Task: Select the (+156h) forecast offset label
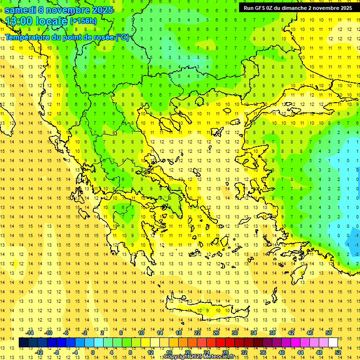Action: pos(83,21)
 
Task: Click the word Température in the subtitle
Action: pos(29,37)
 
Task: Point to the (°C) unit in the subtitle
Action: pos(122,37)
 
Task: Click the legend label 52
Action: pos(338,352)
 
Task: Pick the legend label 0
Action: pos(93,352)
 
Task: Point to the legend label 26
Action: pos(216,332)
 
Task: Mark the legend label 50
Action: pos(329,332)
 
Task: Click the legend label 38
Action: pos(272,332)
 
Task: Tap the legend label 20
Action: pos(187,352)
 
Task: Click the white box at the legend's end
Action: pos(333,343)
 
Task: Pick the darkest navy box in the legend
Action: pos(23,343)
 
